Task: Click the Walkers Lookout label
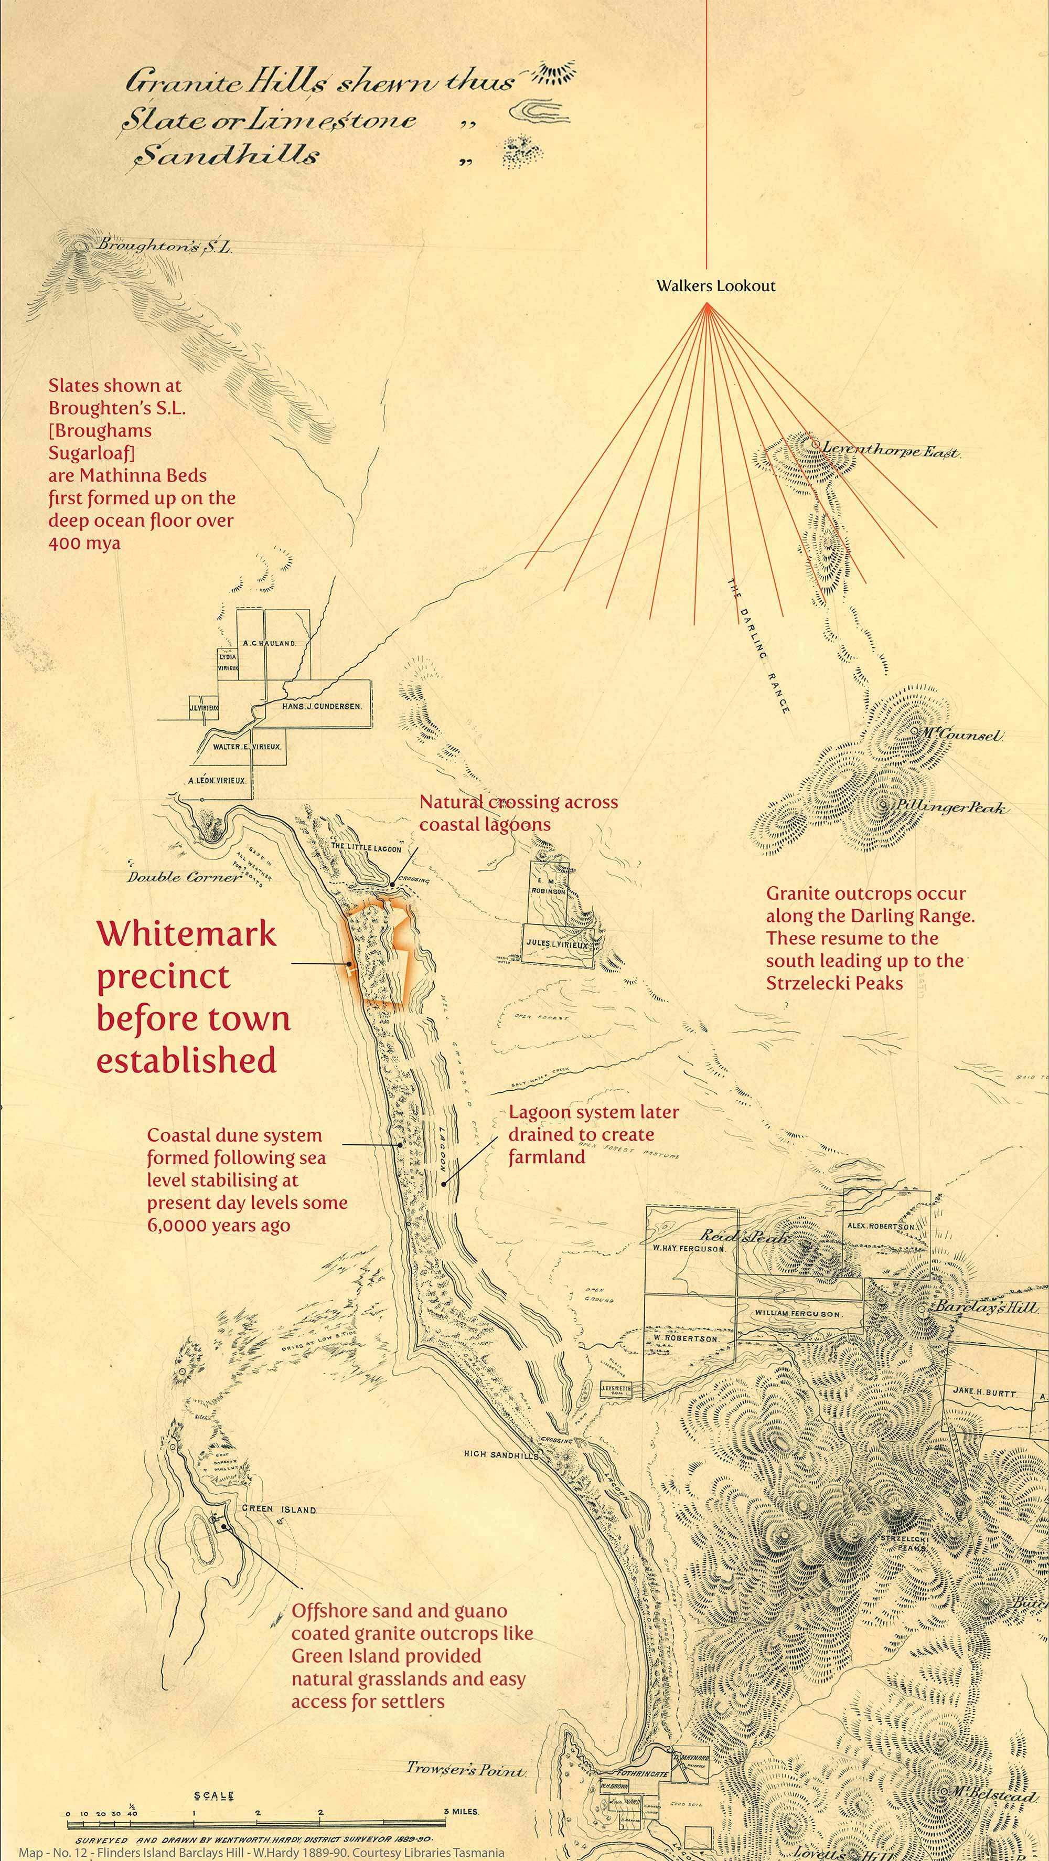click(x=715, y=285)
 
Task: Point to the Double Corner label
click(x=184, y=877)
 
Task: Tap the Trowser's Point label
click(x=465, y=1703)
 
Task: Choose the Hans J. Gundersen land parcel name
click(x=322, y=705)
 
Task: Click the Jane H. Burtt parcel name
click(x=983, y=1391)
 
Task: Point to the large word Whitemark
click(x=186, y=934)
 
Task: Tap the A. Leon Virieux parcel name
click(x=217, y=781)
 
